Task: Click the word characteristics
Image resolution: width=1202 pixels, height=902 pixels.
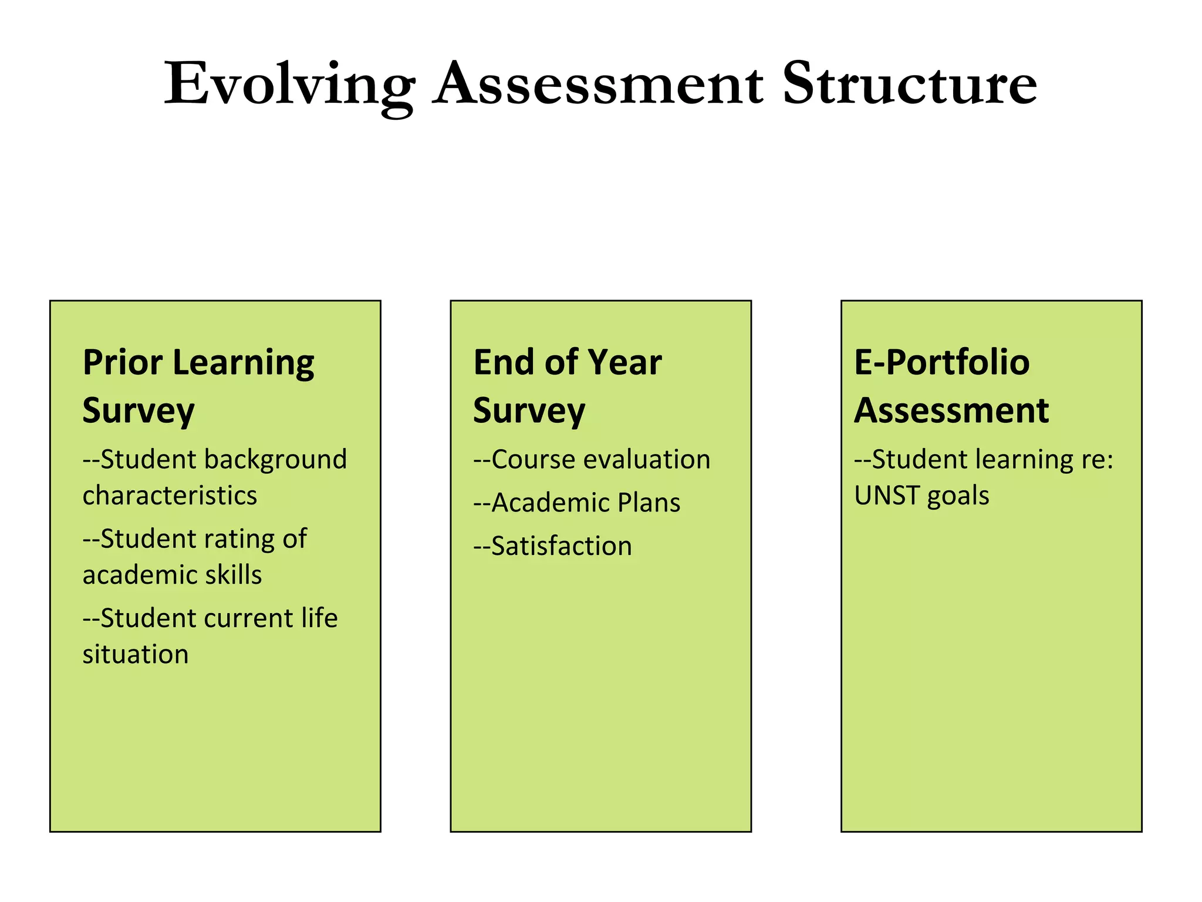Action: [x=170, y=496]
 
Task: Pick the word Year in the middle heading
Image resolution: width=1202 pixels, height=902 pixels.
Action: [x=624, y=362]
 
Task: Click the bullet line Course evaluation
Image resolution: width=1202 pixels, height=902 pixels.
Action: [x=592, y=460]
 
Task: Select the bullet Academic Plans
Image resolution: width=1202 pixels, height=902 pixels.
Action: [x=577, y=503]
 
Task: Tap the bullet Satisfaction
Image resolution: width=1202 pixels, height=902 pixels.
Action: [x=553, y=547]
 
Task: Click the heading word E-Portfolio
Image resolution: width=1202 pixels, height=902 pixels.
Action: [x=941, y=362]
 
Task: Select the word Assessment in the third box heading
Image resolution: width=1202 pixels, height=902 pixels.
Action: [x=951, y=410]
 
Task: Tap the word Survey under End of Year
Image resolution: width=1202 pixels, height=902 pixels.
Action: [x=529, y=412]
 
